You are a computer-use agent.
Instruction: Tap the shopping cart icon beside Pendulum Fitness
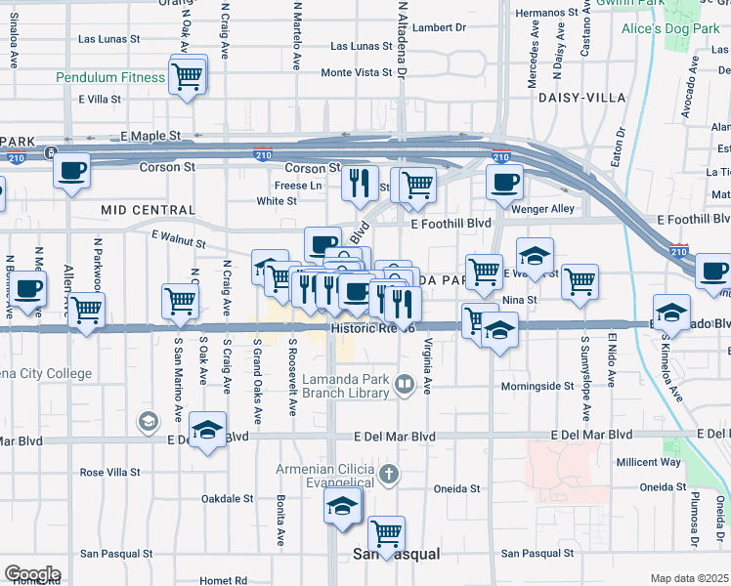pyautogui.click(x=188, y=74)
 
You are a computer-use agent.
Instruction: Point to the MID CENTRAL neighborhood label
pyautogui.click(x=148, y=210)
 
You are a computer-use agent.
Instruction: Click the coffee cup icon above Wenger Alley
pyautogui.click(x=504, y=182)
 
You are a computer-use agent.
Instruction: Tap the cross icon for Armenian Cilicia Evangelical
pyautogui.click(x=389, y=476)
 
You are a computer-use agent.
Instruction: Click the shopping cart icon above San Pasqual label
pyautogui.click(x=387, y=533)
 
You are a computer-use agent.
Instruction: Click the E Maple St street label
pyautogui.click(x=151, y=134)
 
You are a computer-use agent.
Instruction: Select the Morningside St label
pyautogui.click(x=538, y=386)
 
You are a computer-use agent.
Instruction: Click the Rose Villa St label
pyautogui.click(x=110, y=472)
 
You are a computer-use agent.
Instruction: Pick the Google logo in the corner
pyautogui.click(x=32, y=574)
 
